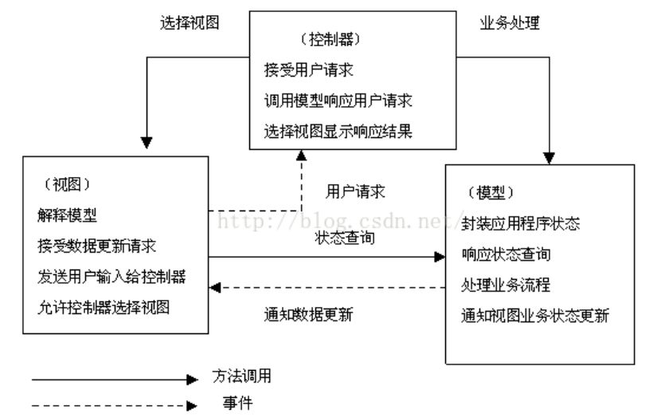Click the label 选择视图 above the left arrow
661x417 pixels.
coord(190,23)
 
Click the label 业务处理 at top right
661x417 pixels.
coord(510,23)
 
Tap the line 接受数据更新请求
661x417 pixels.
coord(85,246)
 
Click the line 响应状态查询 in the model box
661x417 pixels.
coord(504,254)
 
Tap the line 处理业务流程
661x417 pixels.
coord(504,285)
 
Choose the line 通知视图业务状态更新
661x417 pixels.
coord(535,315)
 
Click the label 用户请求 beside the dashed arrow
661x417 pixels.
coord(355,191)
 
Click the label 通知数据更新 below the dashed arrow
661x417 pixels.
coord(307,313)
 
